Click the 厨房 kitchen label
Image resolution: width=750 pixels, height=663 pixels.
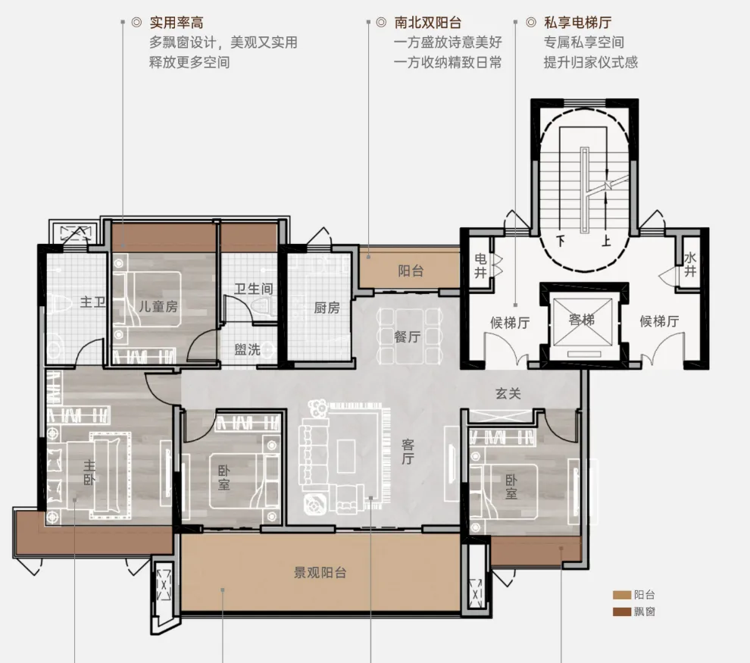327,308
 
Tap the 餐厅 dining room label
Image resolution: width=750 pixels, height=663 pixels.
407,336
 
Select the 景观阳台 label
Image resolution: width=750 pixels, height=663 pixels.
320,573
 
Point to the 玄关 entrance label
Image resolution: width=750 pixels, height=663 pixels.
508,393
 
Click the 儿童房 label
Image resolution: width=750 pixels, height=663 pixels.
158,306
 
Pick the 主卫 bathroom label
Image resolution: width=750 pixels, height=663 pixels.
92,302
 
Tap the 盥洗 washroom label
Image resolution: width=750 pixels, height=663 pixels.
247,349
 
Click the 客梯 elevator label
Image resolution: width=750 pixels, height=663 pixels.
582,320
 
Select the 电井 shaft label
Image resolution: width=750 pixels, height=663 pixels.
481,265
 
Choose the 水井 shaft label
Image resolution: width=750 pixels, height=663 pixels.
690,264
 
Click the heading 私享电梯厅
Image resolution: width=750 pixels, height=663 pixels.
578,23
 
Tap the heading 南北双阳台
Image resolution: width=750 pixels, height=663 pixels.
427,23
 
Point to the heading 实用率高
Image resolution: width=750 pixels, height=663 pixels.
177,23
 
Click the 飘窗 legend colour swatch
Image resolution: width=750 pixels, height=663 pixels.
622,611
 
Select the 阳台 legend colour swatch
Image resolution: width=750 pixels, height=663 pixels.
622,595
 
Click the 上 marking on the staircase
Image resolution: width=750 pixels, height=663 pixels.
606,239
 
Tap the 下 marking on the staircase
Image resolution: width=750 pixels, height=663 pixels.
561,239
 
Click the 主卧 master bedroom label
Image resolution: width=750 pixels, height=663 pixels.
89,473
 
